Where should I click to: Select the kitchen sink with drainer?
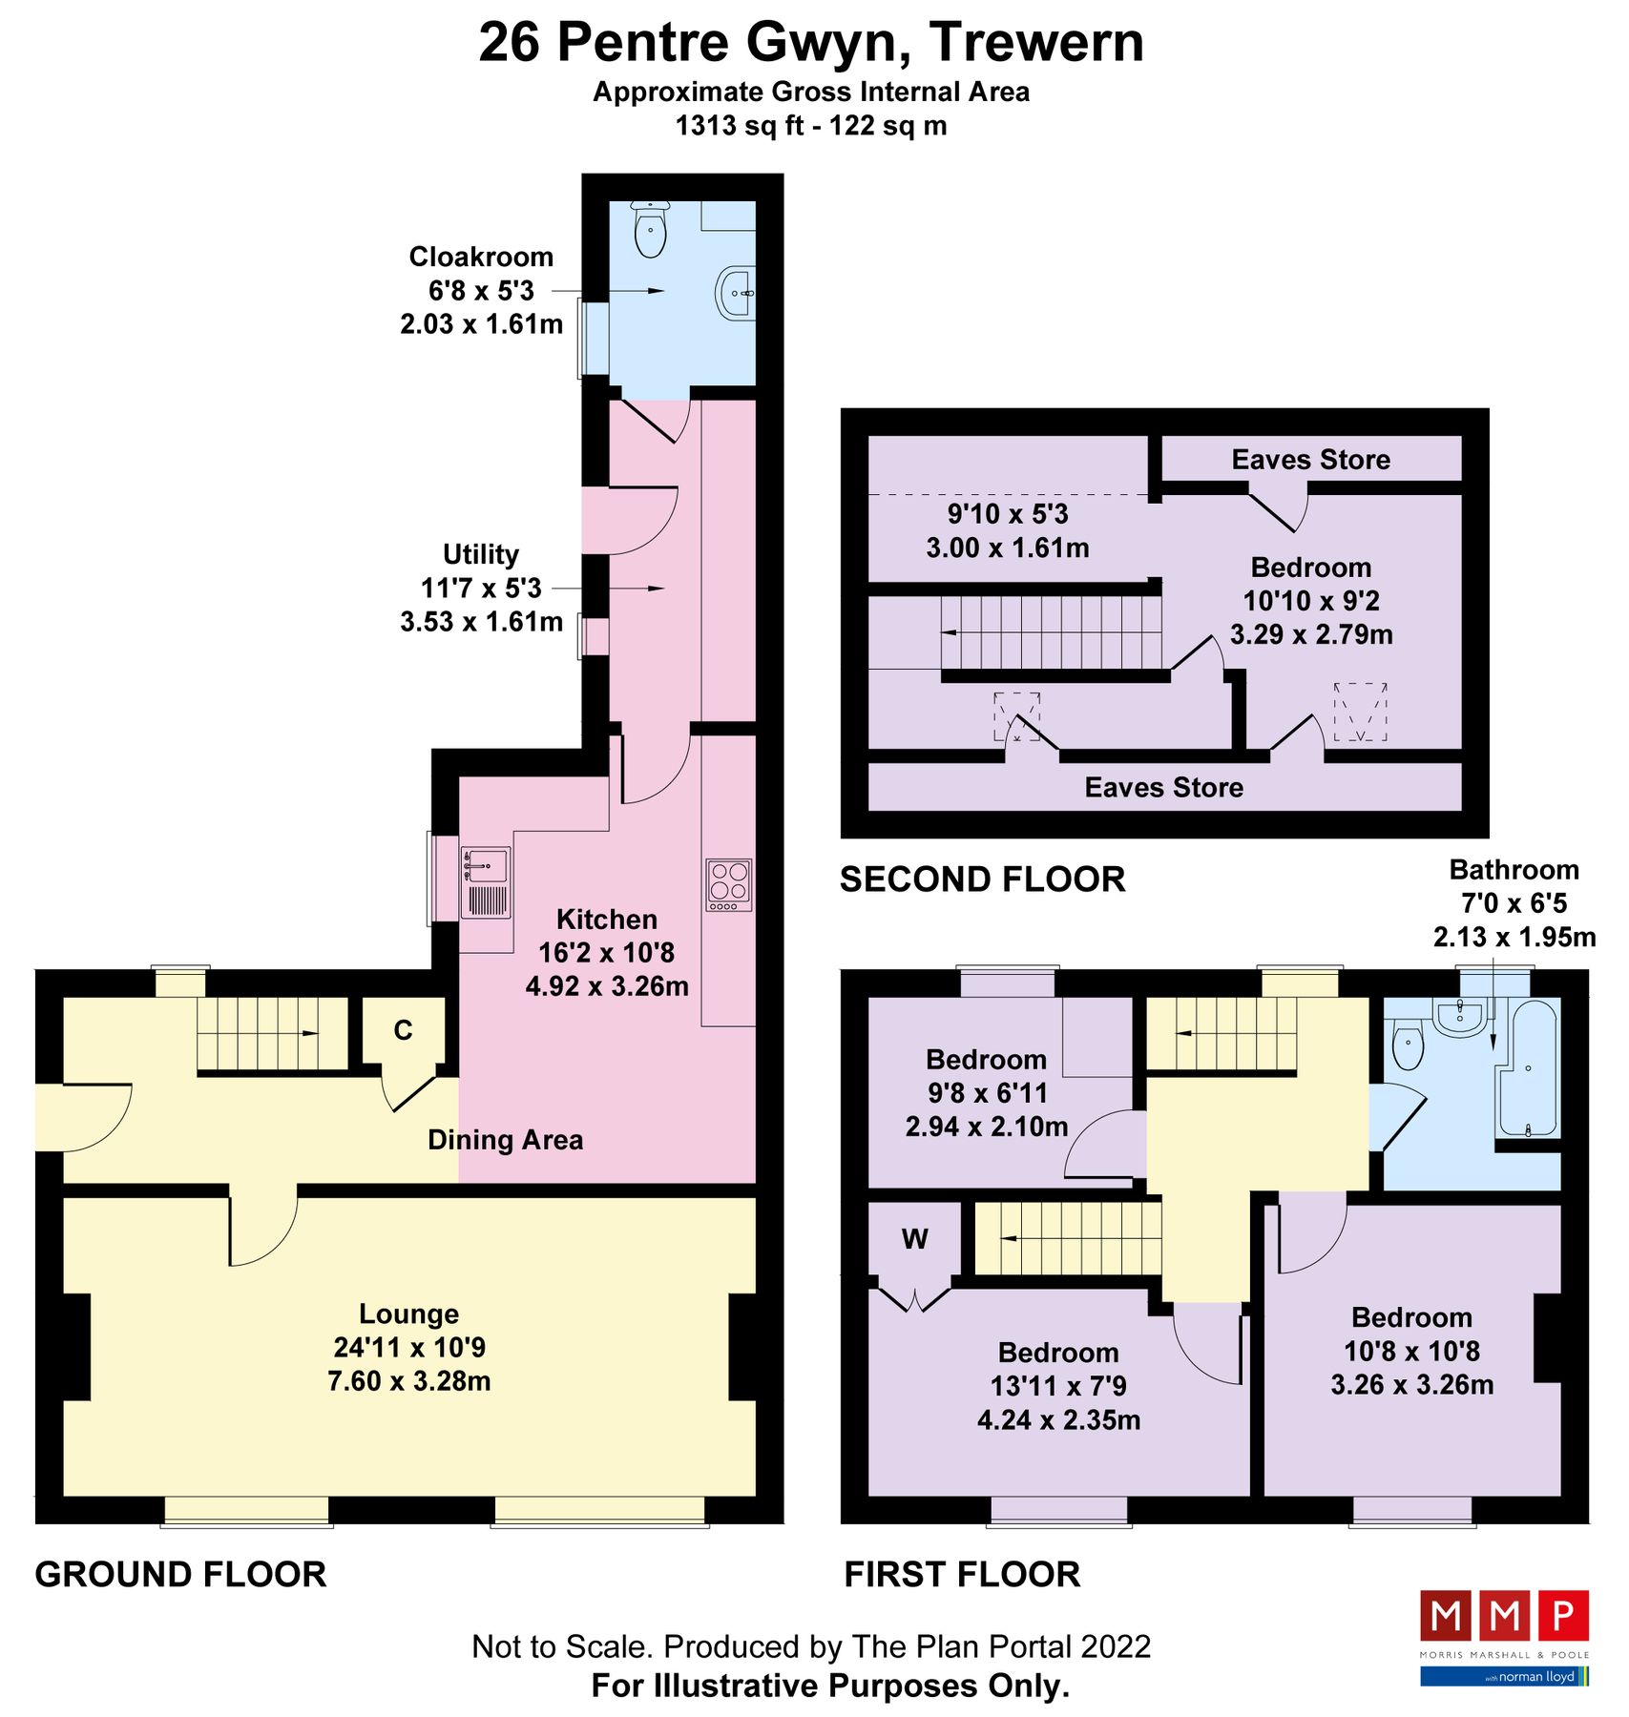click(486, 883)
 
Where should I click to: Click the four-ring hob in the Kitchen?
click(728, 884)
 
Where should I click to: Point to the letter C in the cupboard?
click(403, 1030)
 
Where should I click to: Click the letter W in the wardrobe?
click(914, 1239)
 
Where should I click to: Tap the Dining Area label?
click(505, 1140)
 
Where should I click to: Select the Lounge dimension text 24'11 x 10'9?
click(409, 1347)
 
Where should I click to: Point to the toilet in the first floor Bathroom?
click(1409, 1045)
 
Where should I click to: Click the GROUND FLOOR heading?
click(180, 1574)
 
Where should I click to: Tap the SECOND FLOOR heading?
click(982, 879)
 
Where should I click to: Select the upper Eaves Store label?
click(1310, 460)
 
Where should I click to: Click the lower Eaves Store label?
click(1163, 787)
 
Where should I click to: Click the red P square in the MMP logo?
click(1562, 1616)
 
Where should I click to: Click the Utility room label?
click(481, 554)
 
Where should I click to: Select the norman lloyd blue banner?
click(1504, 1676)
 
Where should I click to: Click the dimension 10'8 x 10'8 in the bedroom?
click(1411, 1351)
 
